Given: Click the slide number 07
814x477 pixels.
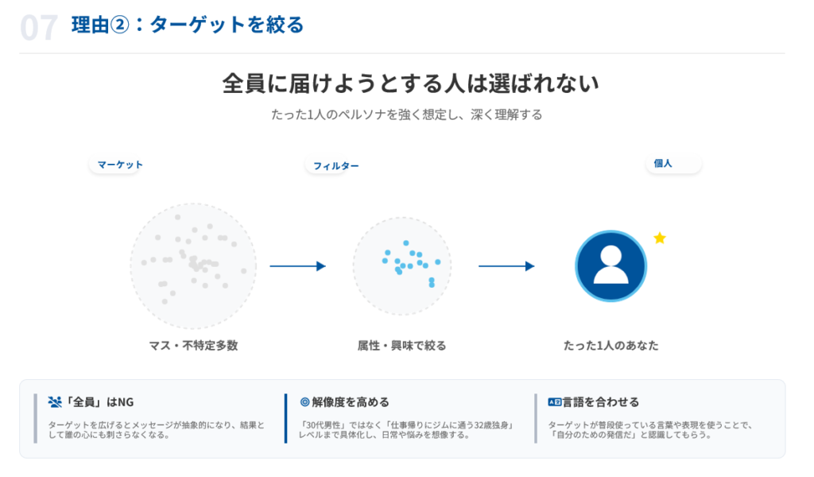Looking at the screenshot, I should pos(39,27).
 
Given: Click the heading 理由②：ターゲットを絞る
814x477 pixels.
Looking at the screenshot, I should pos(188,25).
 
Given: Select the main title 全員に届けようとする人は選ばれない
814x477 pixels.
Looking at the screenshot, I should pos(410,83).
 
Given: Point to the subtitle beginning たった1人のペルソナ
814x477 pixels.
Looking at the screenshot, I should pos(406,114).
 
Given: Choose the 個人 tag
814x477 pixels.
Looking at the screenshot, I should pos(664,163).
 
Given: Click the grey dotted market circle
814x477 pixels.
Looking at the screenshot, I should pos(193,266).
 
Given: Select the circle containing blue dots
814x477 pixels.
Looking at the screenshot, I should pos(402,266).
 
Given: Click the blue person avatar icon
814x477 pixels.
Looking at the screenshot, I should pos(610,266).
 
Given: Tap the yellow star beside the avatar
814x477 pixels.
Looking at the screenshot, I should pos(659,238).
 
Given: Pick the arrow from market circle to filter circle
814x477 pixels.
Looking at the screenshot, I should pos(298,266).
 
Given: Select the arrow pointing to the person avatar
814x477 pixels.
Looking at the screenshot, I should pos(506,266).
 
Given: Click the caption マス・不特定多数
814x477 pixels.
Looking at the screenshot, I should pos(193,346).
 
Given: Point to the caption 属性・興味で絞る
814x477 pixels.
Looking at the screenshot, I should pos(402,346).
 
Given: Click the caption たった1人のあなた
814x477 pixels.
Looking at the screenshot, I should pos(610,346).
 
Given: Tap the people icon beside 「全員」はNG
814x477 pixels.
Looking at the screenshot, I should pos(55,402).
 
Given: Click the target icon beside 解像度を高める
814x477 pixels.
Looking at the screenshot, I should pos(304,402).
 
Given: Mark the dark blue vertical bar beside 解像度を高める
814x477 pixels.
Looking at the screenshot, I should pos(285,418).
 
